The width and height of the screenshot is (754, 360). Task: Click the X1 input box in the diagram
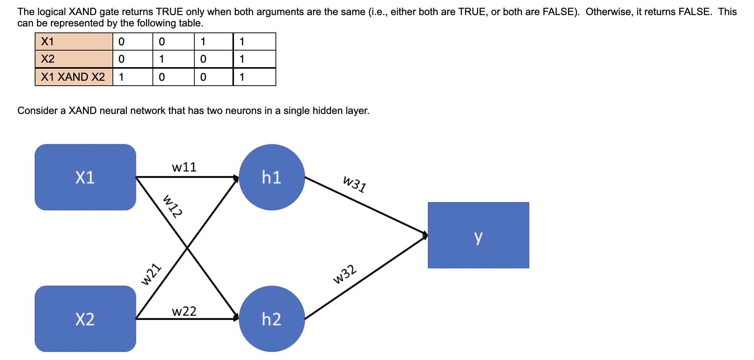coord(85,177)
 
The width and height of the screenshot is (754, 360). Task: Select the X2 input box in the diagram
coord(85,319)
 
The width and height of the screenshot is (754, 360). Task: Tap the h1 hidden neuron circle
coord(272,177)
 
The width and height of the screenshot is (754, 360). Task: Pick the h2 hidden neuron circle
coord(272,319)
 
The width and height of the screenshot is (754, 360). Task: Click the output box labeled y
coord(478,235)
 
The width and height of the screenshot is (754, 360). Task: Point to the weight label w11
coord(184,167)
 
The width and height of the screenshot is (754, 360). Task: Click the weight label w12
coord(172,206)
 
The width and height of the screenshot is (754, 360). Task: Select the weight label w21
coord(151,274)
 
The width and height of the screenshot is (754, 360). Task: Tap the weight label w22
coord(184,311)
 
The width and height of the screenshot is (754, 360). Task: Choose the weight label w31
coord(354,184)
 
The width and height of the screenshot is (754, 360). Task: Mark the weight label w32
coord(345,274)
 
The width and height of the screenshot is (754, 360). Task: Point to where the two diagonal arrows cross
coord(187,248)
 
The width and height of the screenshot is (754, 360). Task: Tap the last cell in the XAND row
coord(254,77)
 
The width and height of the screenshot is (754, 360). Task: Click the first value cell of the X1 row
coord(132,42)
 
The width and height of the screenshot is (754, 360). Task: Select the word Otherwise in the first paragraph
coord(608,12)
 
